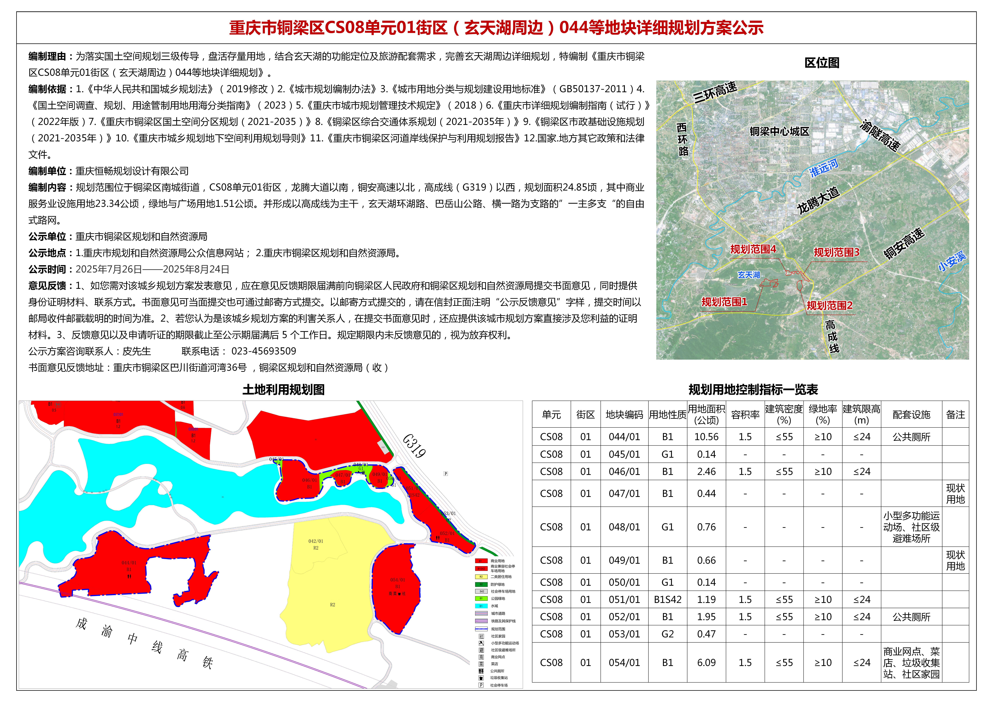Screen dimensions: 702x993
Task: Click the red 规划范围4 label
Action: pyautogui.click(x=753, y=249)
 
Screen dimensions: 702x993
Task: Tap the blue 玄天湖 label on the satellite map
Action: pyautogui.click(x=749, y=275)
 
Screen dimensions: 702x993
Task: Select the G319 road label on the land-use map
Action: pyautogui.click(x=414, y=446)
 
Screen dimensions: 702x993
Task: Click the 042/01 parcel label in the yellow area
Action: pyautogui.click(x=316, y=541)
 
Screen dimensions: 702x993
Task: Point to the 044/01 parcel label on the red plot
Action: pyautogui.click(x=129, y=563)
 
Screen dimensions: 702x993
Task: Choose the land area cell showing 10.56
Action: pyautogui.click(x=706, y=437)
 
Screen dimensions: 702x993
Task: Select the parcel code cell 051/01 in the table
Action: pyautogui.click(x=624, y=600)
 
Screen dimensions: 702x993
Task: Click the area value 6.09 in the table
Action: pyautogui.click(x=706, y=663)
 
